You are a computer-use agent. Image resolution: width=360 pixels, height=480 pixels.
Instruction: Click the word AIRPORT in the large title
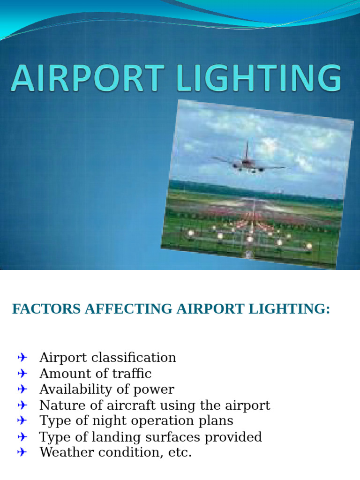point(87,78)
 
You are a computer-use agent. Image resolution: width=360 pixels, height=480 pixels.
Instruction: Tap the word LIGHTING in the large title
point(259,78)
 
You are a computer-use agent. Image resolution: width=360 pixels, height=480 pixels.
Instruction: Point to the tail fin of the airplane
point(247,150)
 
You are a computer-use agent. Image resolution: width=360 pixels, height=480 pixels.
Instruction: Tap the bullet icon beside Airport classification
point(22,358)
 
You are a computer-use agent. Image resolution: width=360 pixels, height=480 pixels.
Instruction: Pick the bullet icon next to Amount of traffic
point(22,374)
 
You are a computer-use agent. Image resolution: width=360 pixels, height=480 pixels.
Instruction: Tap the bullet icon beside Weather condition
point(22,453)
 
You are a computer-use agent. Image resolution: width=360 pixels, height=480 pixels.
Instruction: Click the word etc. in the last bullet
point(180,453)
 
